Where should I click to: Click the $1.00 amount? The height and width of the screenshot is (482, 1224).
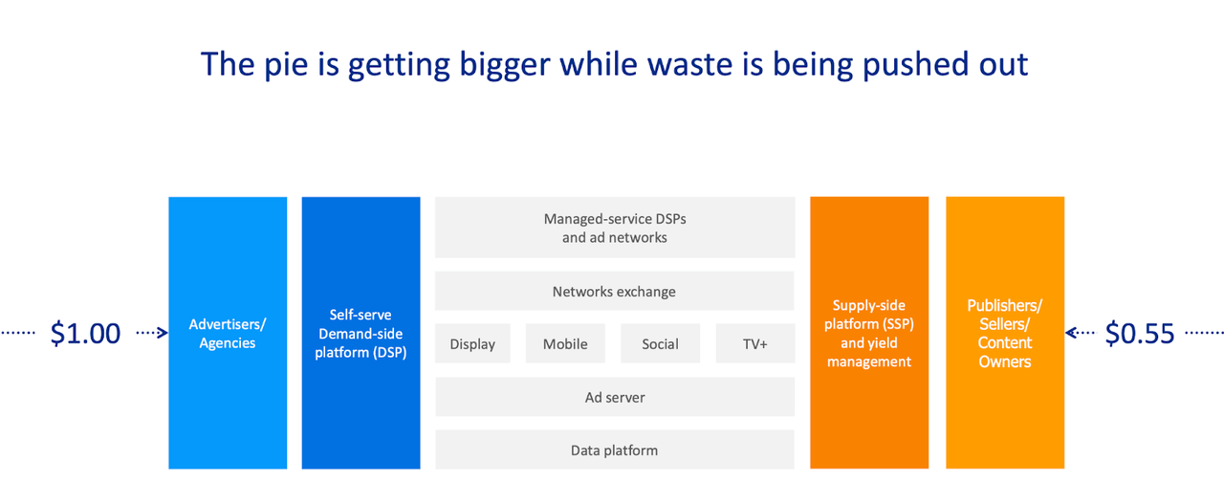tap(85, 334)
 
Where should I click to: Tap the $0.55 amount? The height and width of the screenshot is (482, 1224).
tap(1139, 334)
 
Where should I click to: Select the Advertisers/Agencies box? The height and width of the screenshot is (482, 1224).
tap(228, 333)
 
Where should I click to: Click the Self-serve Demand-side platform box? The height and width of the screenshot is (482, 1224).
tap(361, 333)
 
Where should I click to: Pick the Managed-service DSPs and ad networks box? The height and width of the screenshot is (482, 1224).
tap(615, 228)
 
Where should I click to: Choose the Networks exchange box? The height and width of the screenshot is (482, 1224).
tap(615, 292)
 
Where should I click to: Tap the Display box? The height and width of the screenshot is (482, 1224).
tap(472, 343)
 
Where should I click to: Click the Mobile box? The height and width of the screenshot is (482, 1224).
tap(565, 343)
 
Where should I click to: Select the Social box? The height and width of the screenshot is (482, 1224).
tap(660, 343)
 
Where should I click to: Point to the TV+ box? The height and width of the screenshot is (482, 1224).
tap(755, 343)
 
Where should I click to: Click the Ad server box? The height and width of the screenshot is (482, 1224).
tap(615, 397)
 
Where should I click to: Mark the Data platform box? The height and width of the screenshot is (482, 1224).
tap(615, 449)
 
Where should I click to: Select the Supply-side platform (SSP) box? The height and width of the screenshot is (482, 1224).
tap(869, 333)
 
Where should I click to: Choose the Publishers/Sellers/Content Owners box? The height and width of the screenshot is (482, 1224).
tap(1005, 333)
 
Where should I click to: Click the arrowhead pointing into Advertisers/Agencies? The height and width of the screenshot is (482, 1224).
tap(163, 332)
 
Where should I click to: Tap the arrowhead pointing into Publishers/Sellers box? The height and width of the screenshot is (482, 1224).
tap(1072, 332)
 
